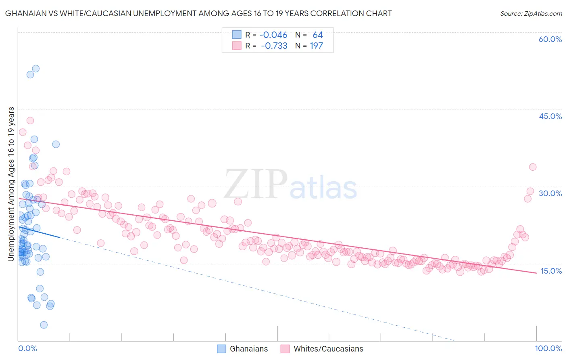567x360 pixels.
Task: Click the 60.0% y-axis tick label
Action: (x=550, y=39)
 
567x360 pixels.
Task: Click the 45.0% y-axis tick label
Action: (x=550, y=116)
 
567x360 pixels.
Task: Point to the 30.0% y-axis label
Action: (x=550, y=193)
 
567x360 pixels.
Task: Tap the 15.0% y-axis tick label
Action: (x=551, y=271)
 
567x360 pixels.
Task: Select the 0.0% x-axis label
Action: (x=27, y=348)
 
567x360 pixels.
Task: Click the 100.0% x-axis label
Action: (x=548, y=348)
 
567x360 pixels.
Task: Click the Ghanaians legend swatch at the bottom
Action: (x=221, y=349)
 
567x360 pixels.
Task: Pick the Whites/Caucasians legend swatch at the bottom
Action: (x=285, y=349)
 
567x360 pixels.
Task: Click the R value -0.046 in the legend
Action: (x=273, y=35)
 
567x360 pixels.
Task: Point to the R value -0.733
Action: (x=274, y=46)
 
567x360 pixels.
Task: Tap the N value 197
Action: (x=316, y=46)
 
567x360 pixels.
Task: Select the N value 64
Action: (x=317, y=35)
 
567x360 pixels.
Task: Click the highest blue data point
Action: (x=35, y=69)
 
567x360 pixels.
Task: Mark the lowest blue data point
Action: (x=44, y=325)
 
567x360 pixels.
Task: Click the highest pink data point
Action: (x=30, y=120)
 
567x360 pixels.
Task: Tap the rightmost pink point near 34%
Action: (x=532, y=167)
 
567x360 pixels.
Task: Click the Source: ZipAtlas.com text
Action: (x=531, y=14)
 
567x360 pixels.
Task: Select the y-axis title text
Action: (x=11, y=184)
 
